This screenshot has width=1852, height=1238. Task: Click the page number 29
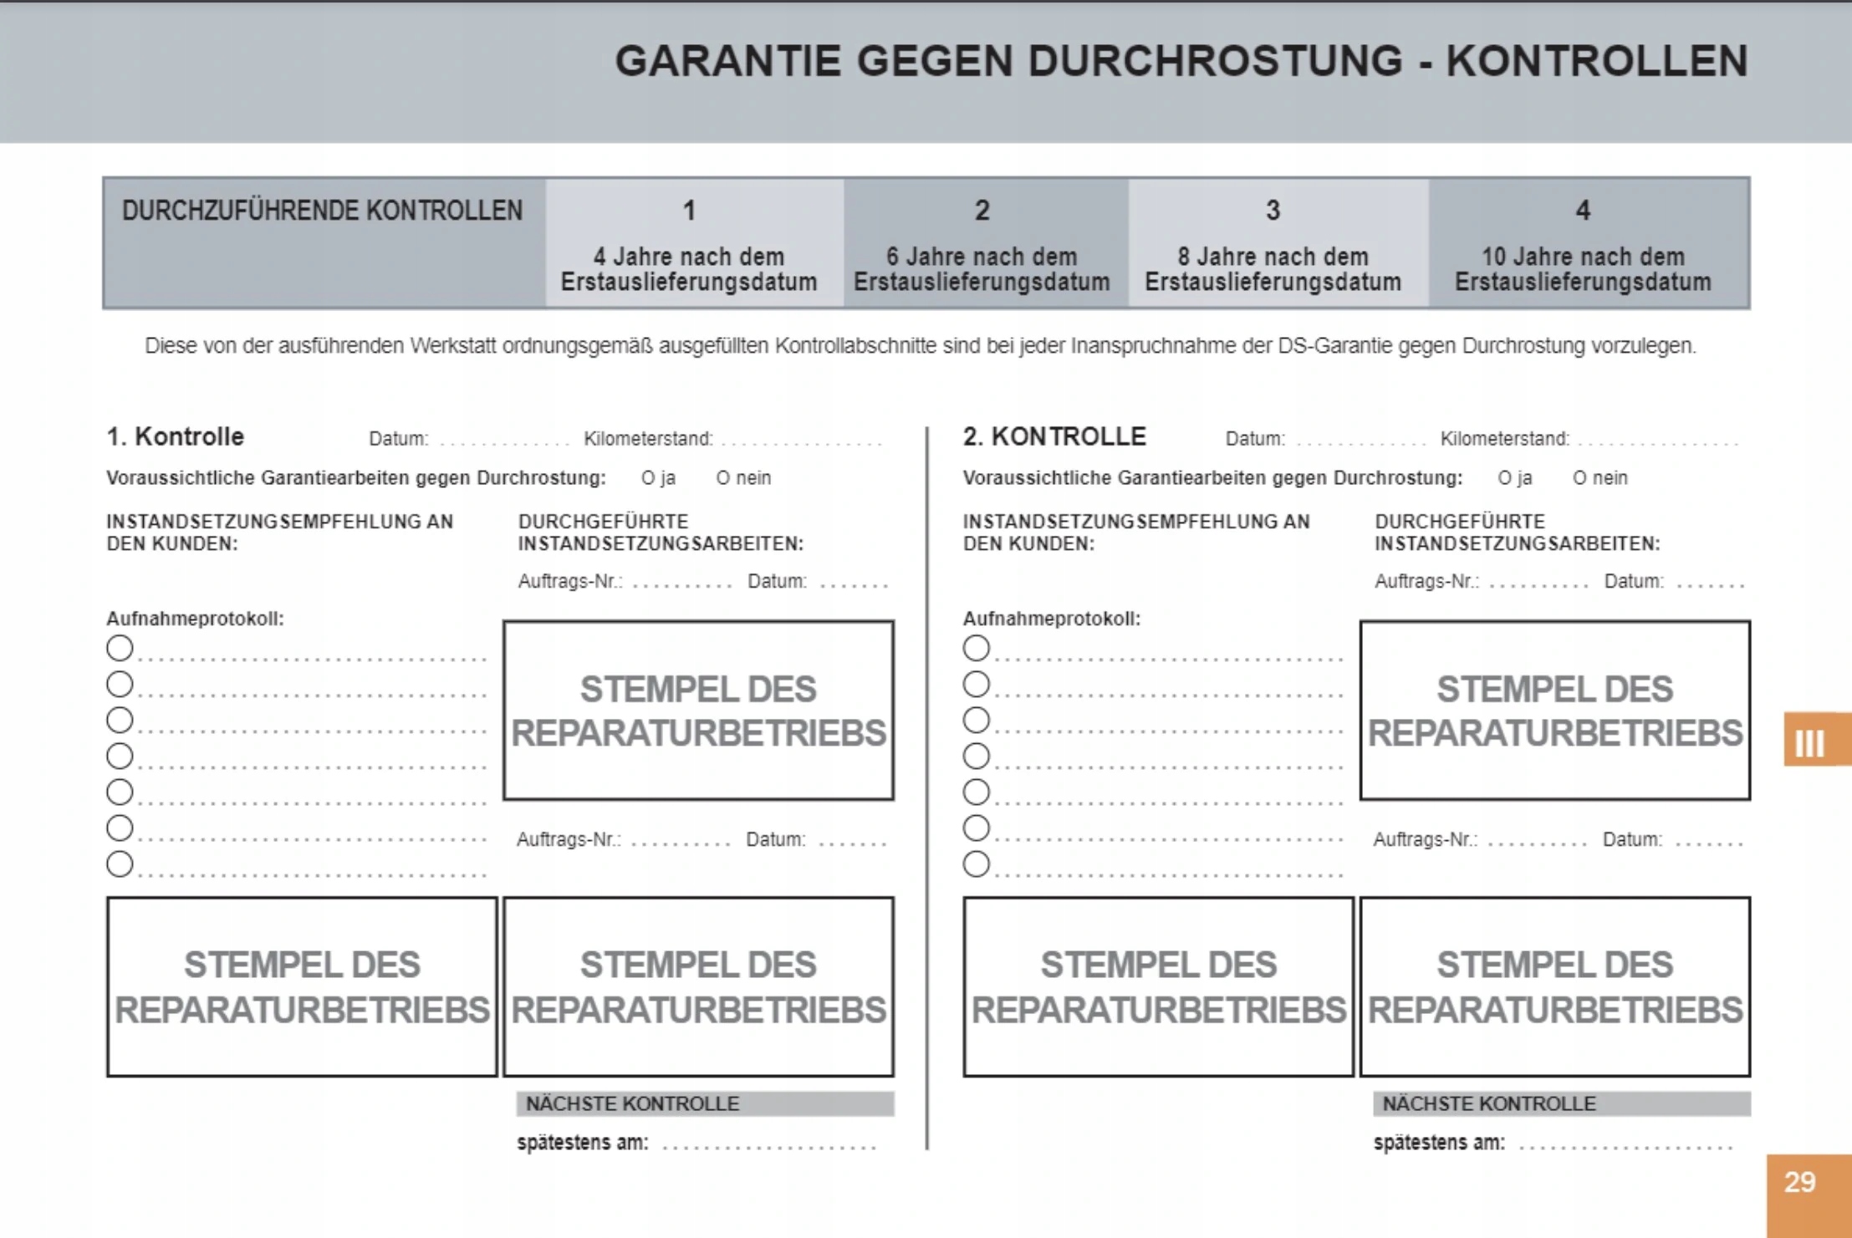point(1799,1182)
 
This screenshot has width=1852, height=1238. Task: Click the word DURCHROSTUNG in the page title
point(1215,61)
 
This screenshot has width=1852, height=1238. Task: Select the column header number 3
point(1273,210)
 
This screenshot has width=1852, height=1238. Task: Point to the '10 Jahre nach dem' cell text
point(1582,257)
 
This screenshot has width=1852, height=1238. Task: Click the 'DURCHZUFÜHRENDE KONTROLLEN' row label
point(322,211)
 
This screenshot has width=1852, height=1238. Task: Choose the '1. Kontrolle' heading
point(175,436)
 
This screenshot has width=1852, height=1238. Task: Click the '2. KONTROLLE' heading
point(1054,436)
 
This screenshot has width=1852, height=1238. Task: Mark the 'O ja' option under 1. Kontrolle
point(658,478)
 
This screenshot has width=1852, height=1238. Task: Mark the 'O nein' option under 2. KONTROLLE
point(1599,478)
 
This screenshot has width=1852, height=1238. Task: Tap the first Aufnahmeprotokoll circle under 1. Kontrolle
point(120,648)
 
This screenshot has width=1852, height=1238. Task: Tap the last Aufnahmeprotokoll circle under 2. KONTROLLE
point(976,864)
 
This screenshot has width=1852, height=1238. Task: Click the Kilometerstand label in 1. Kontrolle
point(648,439)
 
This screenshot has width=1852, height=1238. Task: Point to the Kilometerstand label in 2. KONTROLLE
point(1504,439)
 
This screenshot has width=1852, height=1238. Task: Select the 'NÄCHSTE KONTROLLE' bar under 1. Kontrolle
point(705,1103)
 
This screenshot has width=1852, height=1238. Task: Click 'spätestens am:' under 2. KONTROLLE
point(1439,1143)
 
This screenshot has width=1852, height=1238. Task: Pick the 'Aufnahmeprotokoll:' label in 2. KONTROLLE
point(1051,619)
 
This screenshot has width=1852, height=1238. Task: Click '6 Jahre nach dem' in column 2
point(982,257)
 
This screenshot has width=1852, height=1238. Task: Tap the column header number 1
point(689,210)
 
